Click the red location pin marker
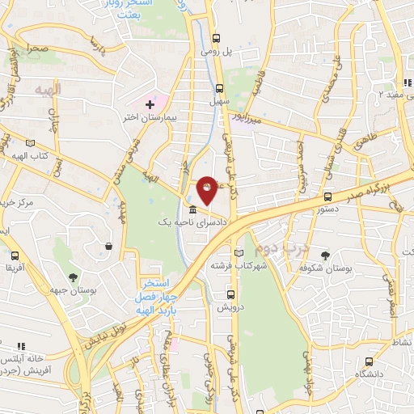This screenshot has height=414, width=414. (208, 189)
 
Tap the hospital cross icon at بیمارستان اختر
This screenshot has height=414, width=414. (150, 104)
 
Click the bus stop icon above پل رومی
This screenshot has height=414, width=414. (216, 38)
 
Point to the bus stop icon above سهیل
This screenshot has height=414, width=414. (219, 89)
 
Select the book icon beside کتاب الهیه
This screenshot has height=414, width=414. (32, 142)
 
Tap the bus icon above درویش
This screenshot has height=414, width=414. (231, 295)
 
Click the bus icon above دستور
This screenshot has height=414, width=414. (327, 196)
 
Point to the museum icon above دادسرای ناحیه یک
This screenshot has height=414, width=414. (191, 208)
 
